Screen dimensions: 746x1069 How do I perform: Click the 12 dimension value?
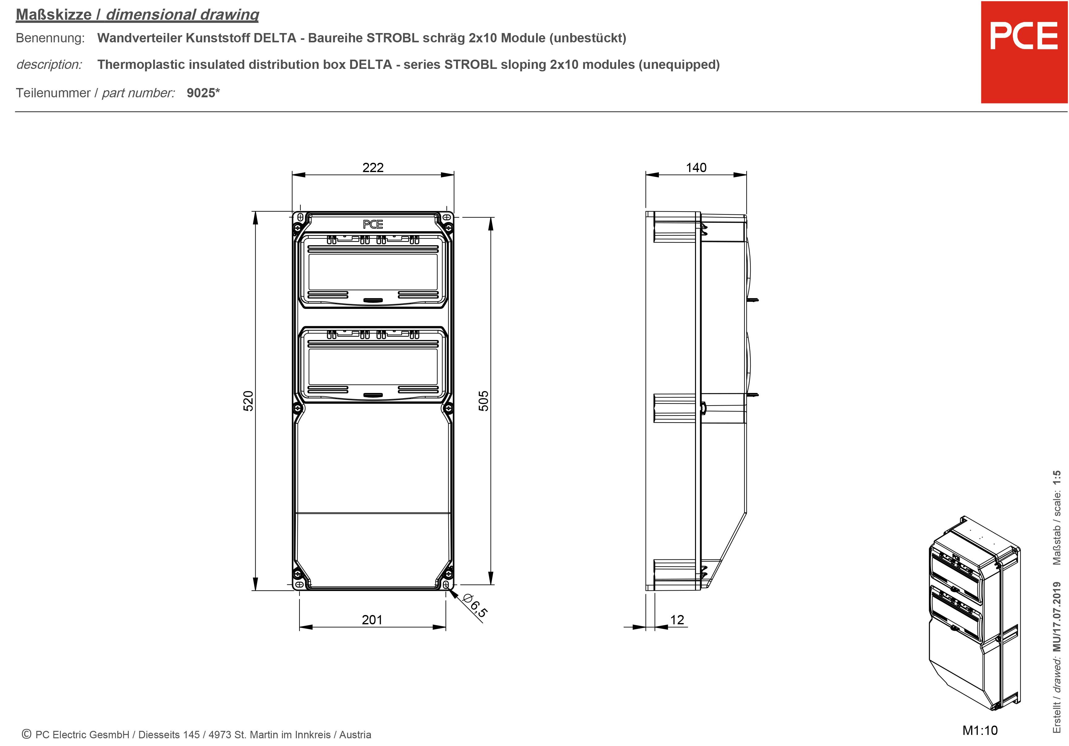click(677, 619)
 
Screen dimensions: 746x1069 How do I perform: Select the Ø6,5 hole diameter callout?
click(475, 605)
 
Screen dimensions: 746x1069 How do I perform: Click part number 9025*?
click(203, 93)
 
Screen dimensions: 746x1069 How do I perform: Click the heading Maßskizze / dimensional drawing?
click(137, 15)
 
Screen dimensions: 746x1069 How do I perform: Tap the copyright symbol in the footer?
click(27, 734)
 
